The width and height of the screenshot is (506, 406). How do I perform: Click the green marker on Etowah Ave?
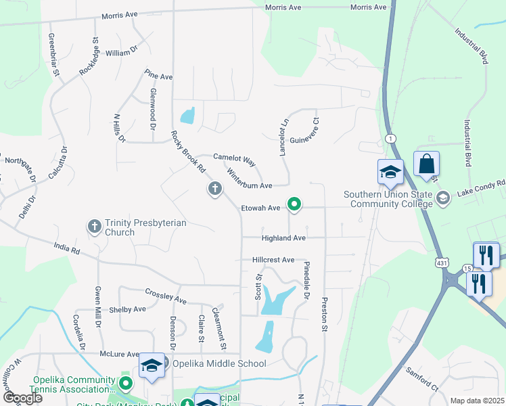click(x=294, y=203)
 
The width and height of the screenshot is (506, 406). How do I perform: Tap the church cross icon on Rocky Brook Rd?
click(x=214, y=189)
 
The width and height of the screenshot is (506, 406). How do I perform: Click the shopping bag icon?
click(x=426, y=164)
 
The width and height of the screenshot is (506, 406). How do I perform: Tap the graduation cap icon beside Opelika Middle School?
click(x=152, y=366)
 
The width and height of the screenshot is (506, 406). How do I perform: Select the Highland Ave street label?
click(x=284, y=238)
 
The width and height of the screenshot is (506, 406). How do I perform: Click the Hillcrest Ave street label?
click(x=273, y=260)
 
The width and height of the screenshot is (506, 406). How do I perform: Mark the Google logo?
click(x=22, y=398)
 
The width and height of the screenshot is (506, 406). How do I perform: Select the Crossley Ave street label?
click(x=166, y=295)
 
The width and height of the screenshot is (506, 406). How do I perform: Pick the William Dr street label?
click(x=122, y=52)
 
